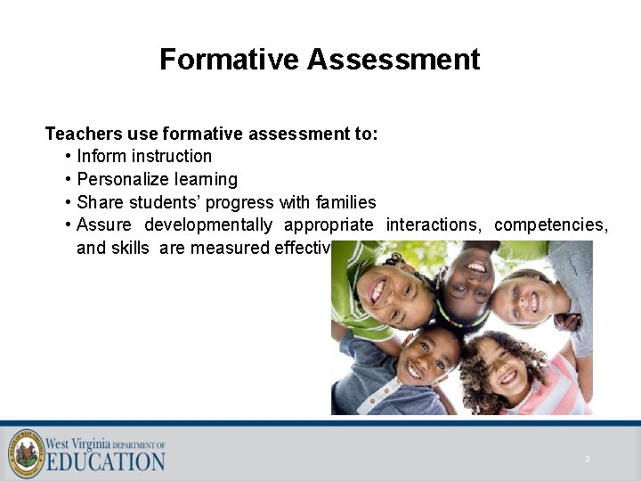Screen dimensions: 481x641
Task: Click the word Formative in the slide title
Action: (230, 59)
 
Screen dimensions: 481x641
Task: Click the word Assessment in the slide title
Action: (394, 59)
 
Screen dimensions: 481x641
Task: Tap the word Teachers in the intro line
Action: (84, 134)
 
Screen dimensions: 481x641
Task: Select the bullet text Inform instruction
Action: (144, 156)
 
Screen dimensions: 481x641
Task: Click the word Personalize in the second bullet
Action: (122, 179)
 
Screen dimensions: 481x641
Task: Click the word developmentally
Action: (208, 224)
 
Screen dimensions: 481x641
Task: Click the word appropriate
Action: (329, 224)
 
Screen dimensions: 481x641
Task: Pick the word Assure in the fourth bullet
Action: (103, 224)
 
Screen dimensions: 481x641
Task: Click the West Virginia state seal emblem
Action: (26, 452)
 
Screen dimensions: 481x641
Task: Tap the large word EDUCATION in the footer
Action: (105, 461)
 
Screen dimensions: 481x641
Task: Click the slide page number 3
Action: (587, 460)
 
